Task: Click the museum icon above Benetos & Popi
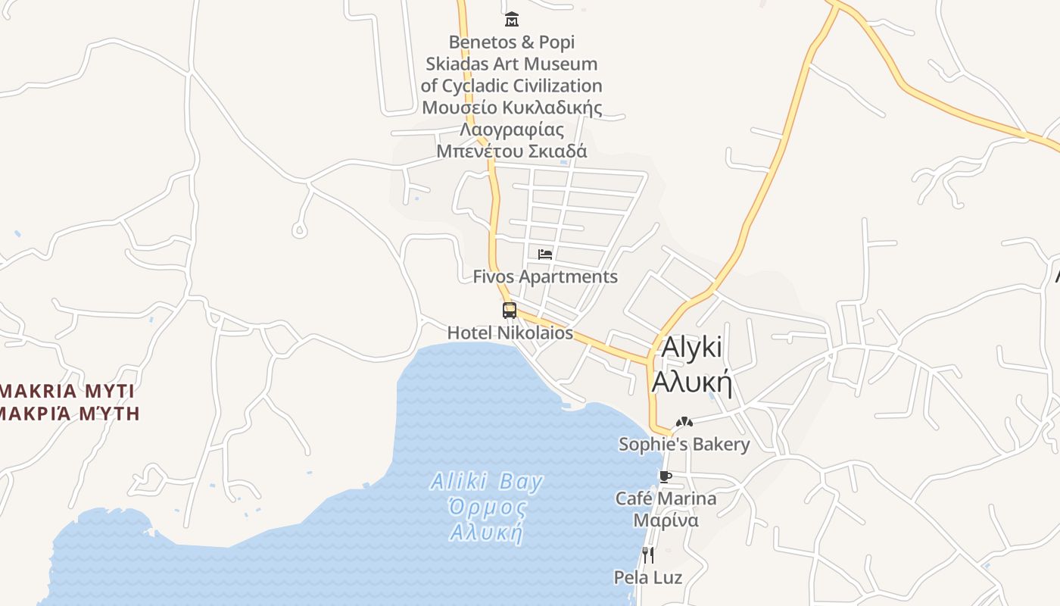click(512, 19)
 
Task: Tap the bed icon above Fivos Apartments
click(545, 255)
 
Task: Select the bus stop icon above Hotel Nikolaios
click(510, 310)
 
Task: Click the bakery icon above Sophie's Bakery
click(684, 422)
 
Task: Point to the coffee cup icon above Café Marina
click(665, 476)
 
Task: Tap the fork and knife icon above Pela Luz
click(647, 555)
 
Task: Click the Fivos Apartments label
click(545, 276)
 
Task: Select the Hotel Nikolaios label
click(510, 333)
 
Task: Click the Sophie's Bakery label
click(684, 444)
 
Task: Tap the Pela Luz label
click(647, 577)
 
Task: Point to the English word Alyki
click(692, 347)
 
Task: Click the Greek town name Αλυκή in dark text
click(692, 382)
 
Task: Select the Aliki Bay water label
click(487, 482)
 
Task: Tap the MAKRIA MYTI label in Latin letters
click(67, 391)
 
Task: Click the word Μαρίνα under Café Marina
click(666, 520)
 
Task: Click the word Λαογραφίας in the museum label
click(512, 129)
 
